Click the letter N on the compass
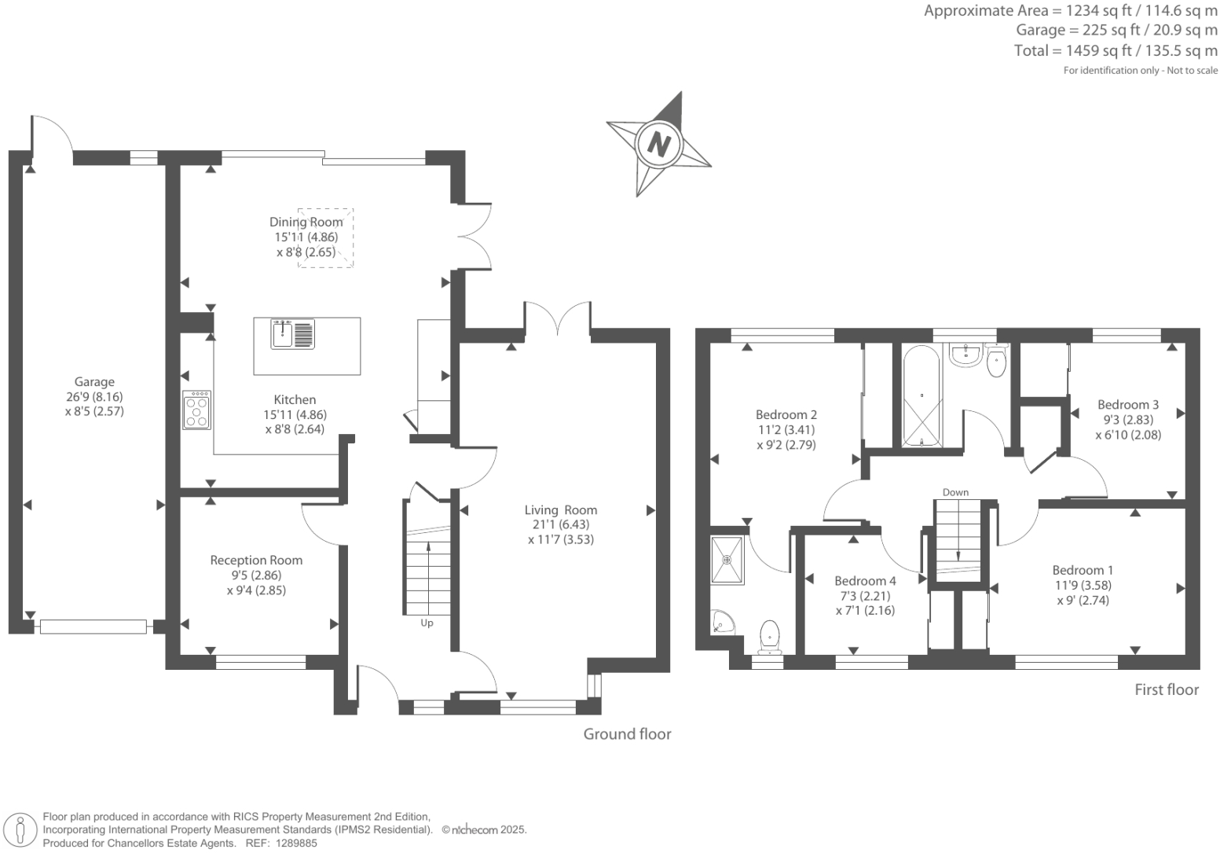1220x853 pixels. pyautogui.click(x=658, y=145)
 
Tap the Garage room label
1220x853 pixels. pyautogui.click(x=94, y=381)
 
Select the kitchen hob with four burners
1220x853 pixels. pyautogui.click(x=196, y=410)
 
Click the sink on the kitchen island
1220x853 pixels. pyautogui.click(x=292, y=334)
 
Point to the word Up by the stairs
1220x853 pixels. pyautogui.click(x=427, y=623)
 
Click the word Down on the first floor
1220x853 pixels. pyautogui.click(x=955, y=492)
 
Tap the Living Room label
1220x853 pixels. pyautogui.click(x=560, y=510)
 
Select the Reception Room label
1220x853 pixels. pyautogui.click(x=256, y=561)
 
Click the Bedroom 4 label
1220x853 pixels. pyautogui.click(x=865, y=581)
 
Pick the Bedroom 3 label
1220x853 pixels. pyautogui.click(x=1128, y=405)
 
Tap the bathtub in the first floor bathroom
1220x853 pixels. pyautogui.click(x=921, y=396)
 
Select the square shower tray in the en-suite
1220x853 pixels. pyautogui.click(x=727, y=561)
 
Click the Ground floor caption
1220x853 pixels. pyautogui.click(x=627, y=734)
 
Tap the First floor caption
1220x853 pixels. pyautogui.click(x=1167, y=690)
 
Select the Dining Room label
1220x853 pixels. pyautogui.click(x=306, y=222)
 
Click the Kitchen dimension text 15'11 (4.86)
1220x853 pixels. pyautogui.click(x=295, y=414)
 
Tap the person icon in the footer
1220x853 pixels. pyautogui.click(x=20, y=831)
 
